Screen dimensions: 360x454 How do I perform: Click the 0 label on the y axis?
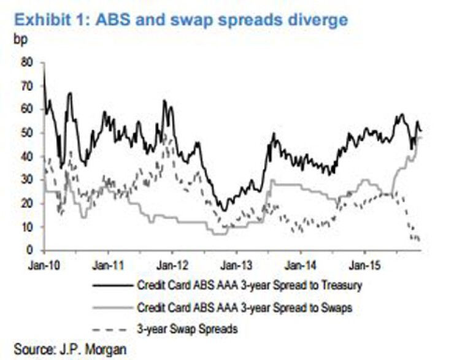(28, 250)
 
